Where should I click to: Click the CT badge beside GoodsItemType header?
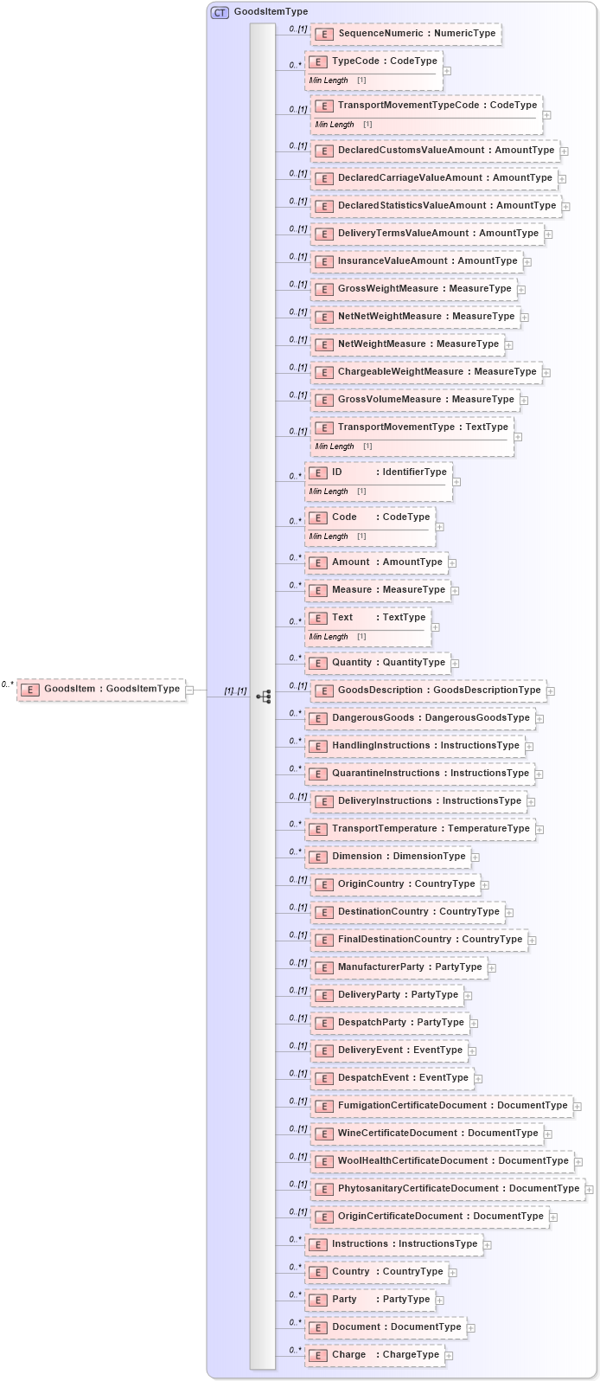(x=220, y=12)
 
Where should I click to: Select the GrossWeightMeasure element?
(x=414, y=289)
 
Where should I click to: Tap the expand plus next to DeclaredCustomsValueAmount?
(x=564, y=151)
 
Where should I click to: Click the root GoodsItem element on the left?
(x=102, y=690)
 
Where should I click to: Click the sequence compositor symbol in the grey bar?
(x=264, y=696)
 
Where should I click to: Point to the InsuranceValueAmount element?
(x=417, y=261)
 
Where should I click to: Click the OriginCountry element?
(x=395, y=884)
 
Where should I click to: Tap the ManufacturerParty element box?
(x=399, y=967)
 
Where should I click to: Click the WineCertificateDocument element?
(x=427, y=1134)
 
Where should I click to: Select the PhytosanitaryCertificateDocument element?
(x=447, y=1189)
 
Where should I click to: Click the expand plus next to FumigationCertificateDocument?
(x=578, y=1107)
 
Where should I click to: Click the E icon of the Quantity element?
(x=318, y=664)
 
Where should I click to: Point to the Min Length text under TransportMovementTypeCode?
(x=335, y=125)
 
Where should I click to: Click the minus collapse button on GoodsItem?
(x=190, y=690)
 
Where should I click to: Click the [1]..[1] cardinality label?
(x=235, y=690)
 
